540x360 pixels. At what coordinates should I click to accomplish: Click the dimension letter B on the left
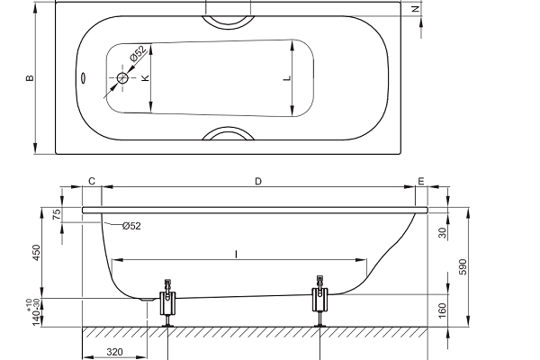pos(31,78)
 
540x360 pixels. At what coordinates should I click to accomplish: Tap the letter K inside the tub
pos(145,78)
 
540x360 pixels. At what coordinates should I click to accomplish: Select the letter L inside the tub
pos(287,78)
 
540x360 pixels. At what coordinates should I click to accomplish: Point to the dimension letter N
pos(416,9)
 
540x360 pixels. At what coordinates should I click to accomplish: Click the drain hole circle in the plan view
pos(122,78)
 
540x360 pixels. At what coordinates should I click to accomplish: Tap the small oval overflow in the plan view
pos(84,78)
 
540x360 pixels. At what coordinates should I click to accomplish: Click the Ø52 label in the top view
pos(138,53)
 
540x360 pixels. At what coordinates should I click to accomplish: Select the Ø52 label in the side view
pos(131,226)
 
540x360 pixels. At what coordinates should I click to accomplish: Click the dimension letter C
pos(92,181)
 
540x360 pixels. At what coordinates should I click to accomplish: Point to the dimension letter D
pos(258,181)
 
